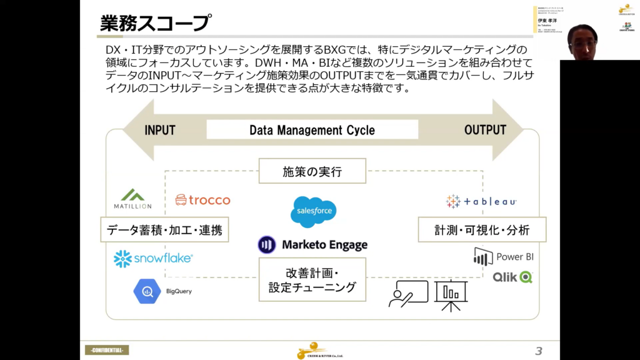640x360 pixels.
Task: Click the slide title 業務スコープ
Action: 155,22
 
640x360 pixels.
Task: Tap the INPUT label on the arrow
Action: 160,130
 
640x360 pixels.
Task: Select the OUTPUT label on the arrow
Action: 485,130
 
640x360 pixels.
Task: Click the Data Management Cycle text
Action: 312,130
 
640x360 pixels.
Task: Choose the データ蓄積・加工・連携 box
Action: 164,230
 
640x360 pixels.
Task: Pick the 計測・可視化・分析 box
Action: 482,230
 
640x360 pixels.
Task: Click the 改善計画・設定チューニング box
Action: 312,280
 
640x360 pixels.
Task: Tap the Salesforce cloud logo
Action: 314,212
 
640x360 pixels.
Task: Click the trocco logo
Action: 202,200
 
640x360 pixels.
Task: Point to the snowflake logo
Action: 153,258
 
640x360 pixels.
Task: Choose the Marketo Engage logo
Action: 312,245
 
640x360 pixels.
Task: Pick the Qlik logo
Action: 512,277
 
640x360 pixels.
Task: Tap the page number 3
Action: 539,350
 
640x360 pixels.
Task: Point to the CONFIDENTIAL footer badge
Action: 107,350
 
